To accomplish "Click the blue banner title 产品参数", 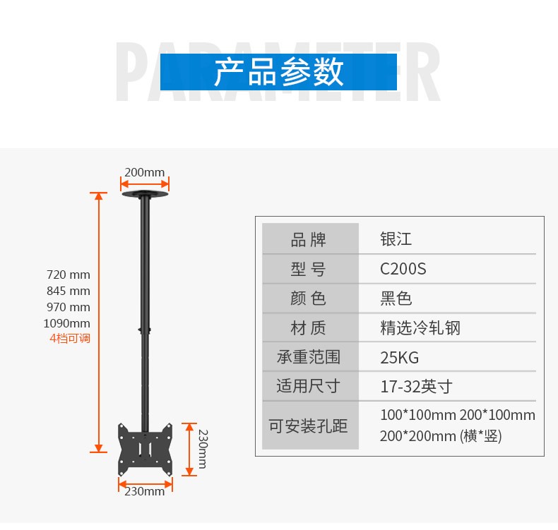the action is click(x=278, y=72).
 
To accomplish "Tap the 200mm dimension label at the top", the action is click(x=144, y=172).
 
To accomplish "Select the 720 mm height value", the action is click(x=69, y=275).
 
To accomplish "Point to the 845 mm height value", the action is click(x=69, y=291).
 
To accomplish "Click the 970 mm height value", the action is click(x=69, y=307).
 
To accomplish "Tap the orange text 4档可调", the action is click(x=70, y=338).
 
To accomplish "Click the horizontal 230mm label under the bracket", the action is click(x=144, y=491).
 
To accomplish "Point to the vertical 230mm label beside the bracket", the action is click(x=202, y=449).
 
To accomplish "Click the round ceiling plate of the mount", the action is click(x=145, y=193).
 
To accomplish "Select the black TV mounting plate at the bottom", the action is click(x=145, y=449).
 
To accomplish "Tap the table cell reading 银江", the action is click(x=396, y=239).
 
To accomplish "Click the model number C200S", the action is click(x=403, y=269).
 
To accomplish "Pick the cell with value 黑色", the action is click(x=396, y=299).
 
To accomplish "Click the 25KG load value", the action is click(x=399, y=357).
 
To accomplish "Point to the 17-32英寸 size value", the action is click(x=415, y=387).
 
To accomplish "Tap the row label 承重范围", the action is click(x=309, y=357).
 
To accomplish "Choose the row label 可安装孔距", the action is click(x=309, y=426).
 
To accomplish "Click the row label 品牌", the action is click(x=309, y=239).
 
